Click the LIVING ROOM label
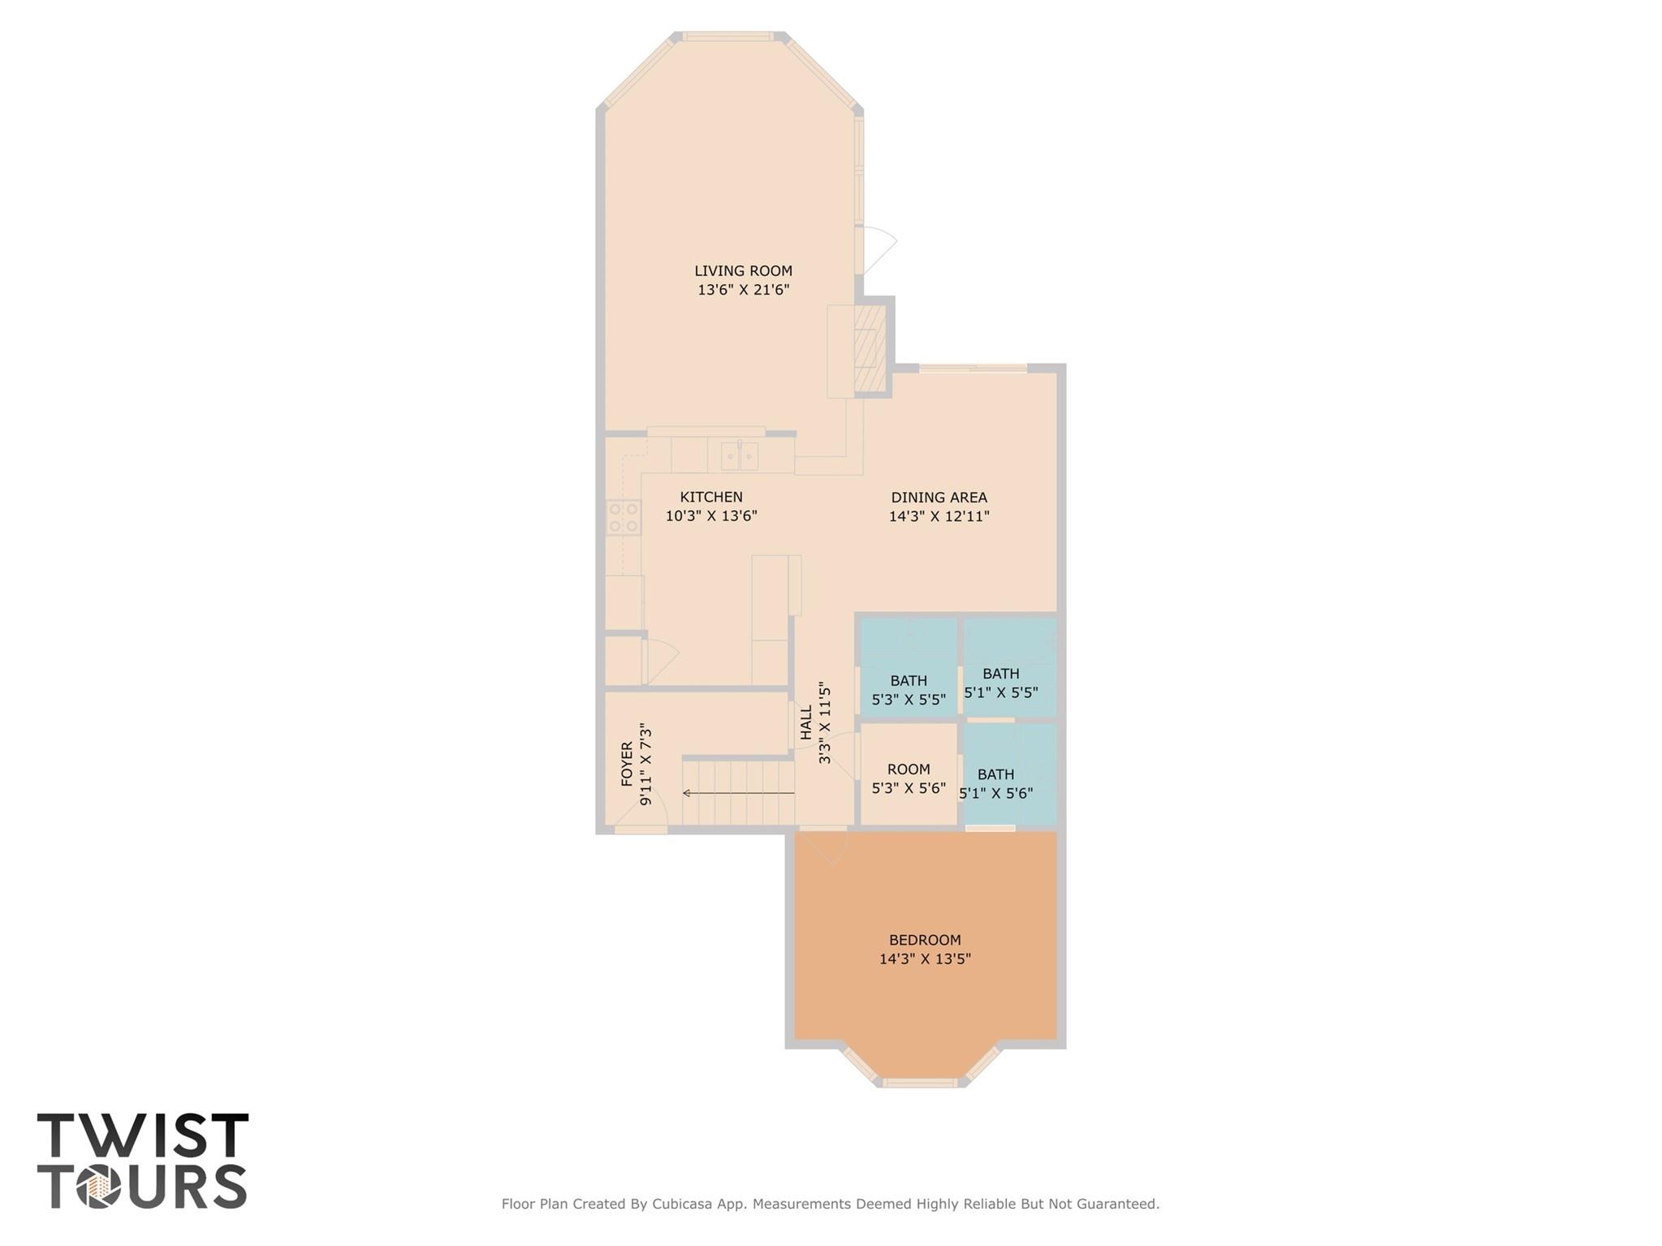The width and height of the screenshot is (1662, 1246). click(743, 271)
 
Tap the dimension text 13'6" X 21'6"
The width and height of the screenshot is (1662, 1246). click(743, 290)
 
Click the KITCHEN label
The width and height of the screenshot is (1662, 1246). click(711, 497)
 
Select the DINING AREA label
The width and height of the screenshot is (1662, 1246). click(939, 498)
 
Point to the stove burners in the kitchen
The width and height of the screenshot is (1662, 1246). click(624, 518)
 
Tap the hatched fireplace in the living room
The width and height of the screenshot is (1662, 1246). click(870, 349)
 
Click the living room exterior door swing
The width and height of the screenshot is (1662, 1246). click(878, 248)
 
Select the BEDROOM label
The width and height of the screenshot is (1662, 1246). click(925, 940)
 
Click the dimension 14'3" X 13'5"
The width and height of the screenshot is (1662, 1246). click(925, 959)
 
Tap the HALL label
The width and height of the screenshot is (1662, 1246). click(806, 722)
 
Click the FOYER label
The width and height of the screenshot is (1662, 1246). click(627, 764)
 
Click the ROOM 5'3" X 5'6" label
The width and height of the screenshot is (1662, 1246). click(909, 778)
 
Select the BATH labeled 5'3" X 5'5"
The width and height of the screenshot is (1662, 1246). click(909, 690)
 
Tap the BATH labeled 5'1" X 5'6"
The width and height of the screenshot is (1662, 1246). click(995, 784)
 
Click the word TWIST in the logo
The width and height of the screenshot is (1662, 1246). click(143, 1136)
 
